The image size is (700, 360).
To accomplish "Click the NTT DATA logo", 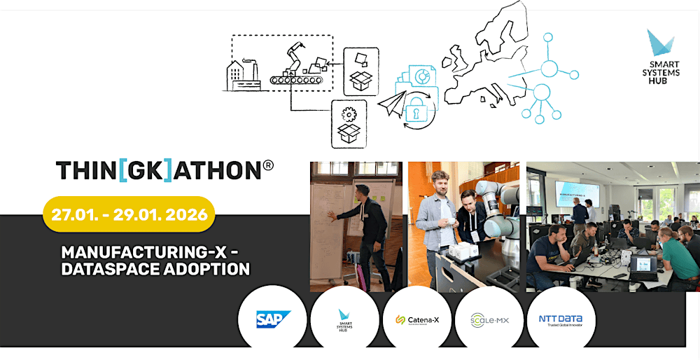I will point(560,319).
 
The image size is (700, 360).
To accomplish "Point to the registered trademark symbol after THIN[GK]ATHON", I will point(267,166).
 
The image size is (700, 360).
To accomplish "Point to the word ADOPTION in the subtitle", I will point(207,268).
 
